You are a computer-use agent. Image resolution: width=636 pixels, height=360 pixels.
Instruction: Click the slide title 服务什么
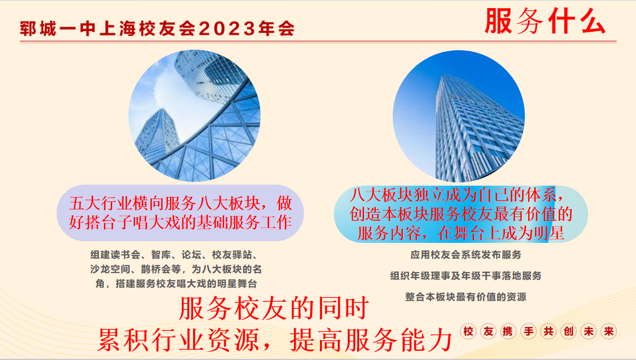545,21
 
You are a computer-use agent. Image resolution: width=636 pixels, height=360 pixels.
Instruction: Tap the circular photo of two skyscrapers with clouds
194,116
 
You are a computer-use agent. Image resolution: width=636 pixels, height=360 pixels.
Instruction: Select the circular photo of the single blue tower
459,116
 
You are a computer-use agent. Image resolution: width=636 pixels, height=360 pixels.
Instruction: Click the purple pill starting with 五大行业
180,213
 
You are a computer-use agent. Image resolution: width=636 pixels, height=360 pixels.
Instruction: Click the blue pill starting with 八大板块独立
461,214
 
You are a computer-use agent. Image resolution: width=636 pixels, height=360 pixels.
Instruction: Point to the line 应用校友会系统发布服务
466,255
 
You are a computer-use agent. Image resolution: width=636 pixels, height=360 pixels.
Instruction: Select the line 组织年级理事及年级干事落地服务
466,276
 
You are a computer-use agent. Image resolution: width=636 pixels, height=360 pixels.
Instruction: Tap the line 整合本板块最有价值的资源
466,297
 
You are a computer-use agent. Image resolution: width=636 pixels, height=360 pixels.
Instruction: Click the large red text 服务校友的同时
274,308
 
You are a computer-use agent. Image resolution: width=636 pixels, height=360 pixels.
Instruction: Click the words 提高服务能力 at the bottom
371,339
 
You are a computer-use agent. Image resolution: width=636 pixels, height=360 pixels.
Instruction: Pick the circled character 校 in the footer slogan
468,331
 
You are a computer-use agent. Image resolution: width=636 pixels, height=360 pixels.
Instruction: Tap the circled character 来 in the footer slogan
608,331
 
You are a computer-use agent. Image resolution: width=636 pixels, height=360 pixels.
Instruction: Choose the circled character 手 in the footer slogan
529,331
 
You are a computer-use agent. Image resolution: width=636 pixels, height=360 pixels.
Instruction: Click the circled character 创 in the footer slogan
568,331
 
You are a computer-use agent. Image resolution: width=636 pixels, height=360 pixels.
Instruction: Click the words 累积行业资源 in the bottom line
179,339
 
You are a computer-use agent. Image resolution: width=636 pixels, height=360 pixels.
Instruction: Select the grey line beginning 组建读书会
174,255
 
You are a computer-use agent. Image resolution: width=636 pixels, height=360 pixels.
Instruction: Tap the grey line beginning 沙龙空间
176,269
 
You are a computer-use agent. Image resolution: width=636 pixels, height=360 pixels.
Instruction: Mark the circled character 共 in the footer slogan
549,331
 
